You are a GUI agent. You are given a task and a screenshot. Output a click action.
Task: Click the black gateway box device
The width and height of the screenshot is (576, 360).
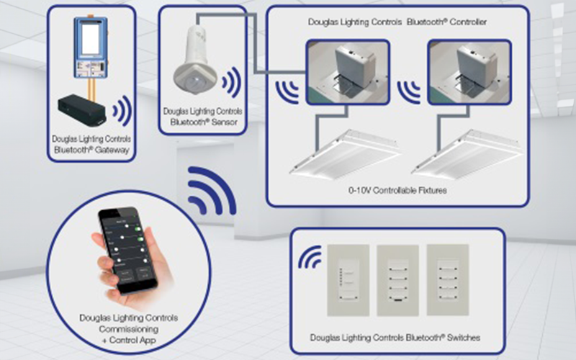click(86, 108)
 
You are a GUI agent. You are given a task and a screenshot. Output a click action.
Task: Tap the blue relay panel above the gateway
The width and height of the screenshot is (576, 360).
click(90, 47)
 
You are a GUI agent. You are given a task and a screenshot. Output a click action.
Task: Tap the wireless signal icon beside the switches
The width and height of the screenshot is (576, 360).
click(310, 258)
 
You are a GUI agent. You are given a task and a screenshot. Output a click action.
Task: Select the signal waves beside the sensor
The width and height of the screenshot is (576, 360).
click(231, 84)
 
